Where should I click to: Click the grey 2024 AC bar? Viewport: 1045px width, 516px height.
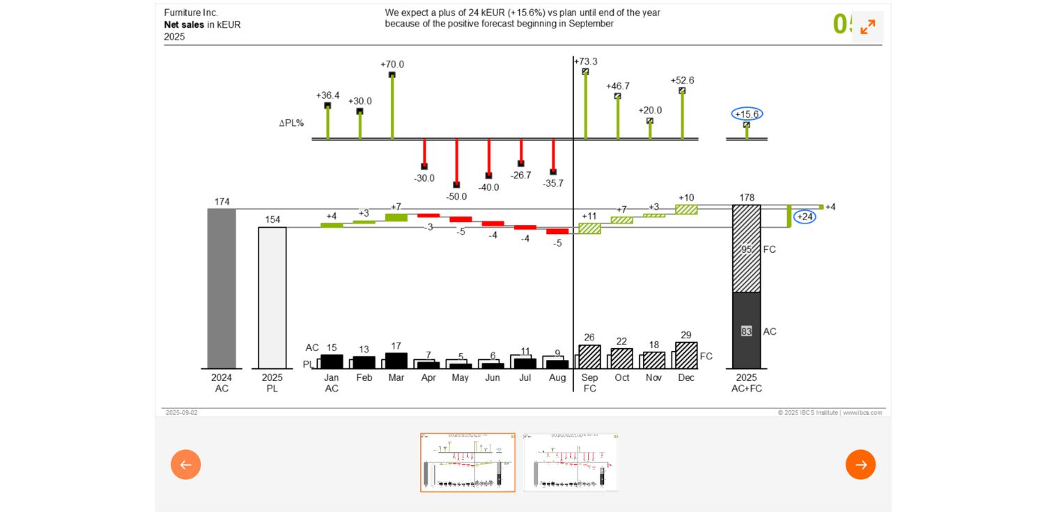tap(222, 288)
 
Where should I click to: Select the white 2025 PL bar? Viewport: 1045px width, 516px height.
tap(272, 297)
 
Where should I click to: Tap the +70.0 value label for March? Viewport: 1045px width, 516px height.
tap(392, 65)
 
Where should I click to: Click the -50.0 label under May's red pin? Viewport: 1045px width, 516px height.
tap(456, 196)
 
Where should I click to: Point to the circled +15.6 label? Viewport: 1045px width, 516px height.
tap(747, 114)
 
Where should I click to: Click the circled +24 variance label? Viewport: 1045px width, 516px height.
tap(805, 217)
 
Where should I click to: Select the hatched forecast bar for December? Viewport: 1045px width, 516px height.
tap(686, 356)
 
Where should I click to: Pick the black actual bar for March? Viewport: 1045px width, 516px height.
tap(396, 361)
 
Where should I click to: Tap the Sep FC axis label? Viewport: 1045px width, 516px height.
tap(589, 383)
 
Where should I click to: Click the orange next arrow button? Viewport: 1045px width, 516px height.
tap(860, 464)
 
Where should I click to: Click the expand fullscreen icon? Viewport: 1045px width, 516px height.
tap(867, 27)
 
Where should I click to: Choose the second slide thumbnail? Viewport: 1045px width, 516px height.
tap(571, 462)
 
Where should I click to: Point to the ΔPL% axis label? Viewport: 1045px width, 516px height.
tap(291, 123)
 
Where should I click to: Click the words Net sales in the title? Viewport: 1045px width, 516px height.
tap(184, 24)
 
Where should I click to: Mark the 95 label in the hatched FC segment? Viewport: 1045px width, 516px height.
tap(746, 249)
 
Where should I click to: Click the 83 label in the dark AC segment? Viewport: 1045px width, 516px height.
tap(746, 331)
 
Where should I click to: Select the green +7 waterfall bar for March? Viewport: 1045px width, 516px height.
tap(396, 217)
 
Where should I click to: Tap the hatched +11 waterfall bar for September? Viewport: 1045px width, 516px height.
tap(589, 228)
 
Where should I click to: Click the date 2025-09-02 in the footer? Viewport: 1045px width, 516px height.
tap(181, 413)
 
